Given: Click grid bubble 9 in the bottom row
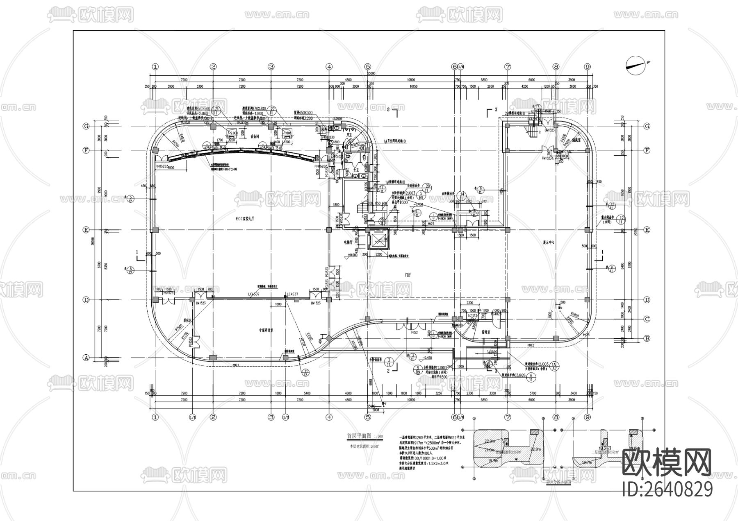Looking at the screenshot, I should [x=587, y=417].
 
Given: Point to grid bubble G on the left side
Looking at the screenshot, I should [x=87, y=126].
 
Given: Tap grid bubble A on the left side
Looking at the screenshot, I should [x=87, y=358].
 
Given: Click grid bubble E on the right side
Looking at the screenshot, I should [x=647, y=230].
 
